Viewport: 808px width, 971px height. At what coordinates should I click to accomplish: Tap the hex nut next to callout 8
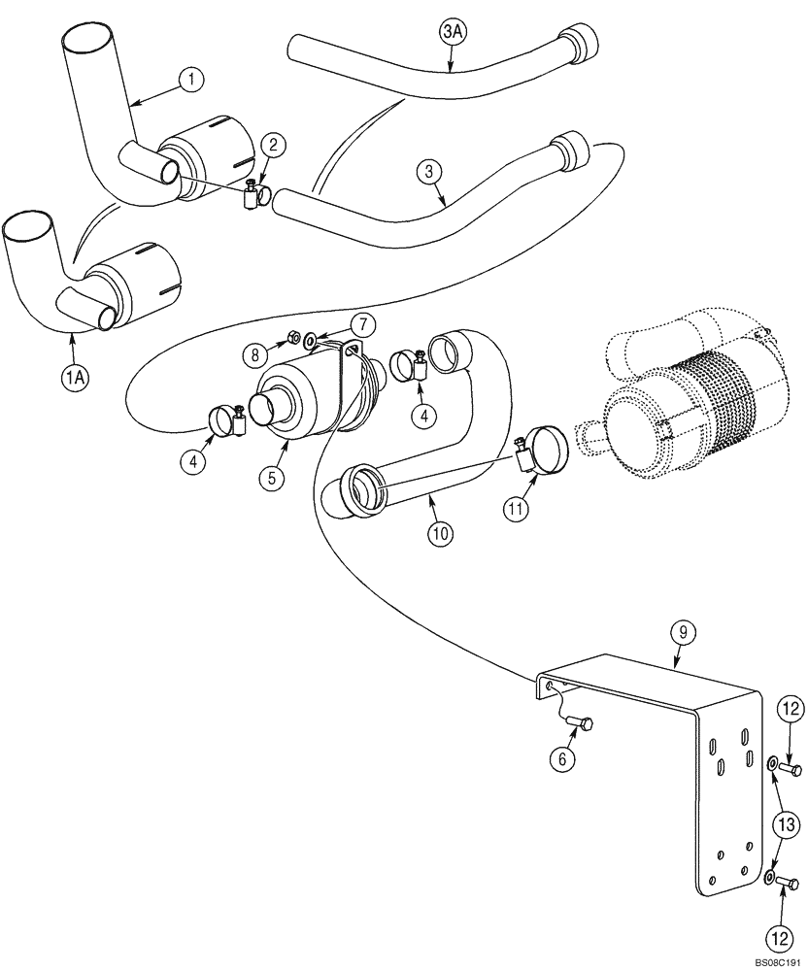coord(290,341)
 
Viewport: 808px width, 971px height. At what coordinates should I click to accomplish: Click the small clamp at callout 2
coord(256,197)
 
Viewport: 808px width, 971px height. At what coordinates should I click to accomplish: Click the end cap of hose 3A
coord(583,42)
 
